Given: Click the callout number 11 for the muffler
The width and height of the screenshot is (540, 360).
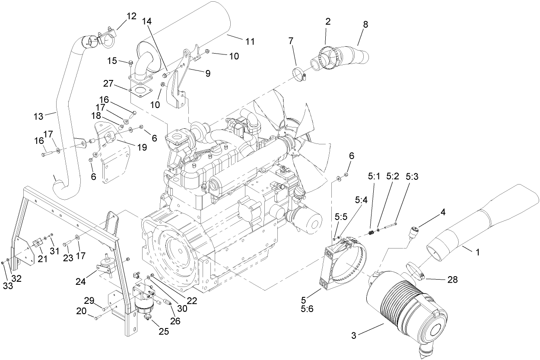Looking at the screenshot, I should (x=249, y=42).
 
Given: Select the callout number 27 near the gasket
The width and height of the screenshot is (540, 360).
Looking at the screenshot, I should (x=109, y=83).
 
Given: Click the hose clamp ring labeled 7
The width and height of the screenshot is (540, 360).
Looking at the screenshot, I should (x=299, y=75).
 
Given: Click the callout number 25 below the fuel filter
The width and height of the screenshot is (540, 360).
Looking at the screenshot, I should (x=164, y=331).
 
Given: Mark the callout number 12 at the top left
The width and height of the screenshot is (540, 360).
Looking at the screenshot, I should (x=131, y=16).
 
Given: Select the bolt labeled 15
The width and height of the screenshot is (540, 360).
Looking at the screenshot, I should (x=130, y=64).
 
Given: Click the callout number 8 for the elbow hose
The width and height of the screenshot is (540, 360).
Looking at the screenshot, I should (x=365, y=25).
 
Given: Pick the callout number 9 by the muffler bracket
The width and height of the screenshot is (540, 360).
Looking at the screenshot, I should (x=207, y=73).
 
